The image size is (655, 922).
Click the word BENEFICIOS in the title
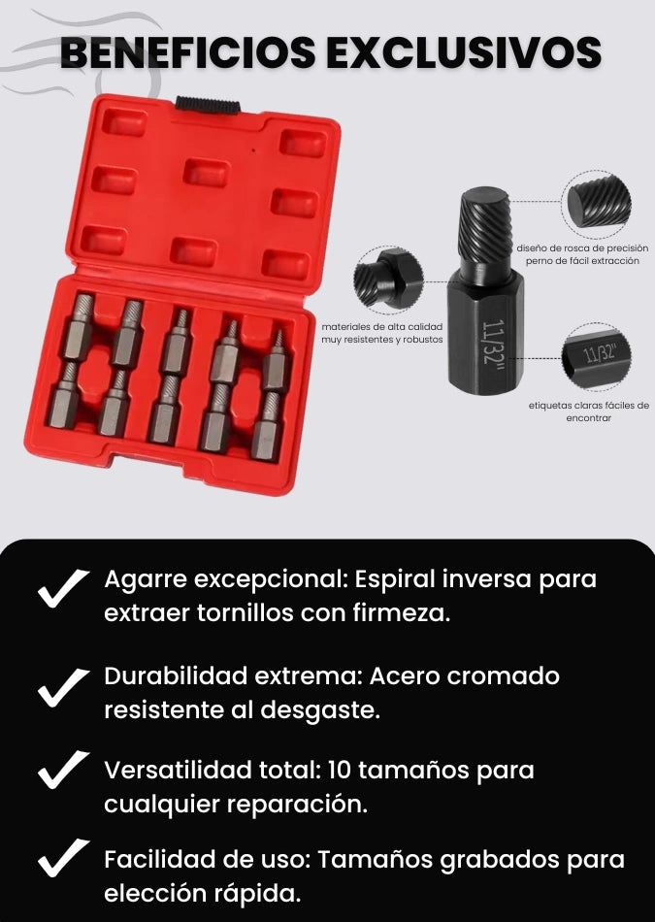tap(187, 52)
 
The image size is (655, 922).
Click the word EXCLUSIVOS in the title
tap(464, 52)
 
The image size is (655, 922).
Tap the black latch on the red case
tap(207, 105)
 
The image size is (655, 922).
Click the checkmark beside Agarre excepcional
tap(63, 588)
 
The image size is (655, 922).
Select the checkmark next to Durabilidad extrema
tap(63, 687)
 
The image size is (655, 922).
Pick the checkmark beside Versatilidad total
tap(63, 769)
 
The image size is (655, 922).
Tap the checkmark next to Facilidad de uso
tap(63, 858)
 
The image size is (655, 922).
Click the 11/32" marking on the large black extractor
tap(493, 342)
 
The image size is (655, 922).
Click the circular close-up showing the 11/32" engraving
tap(596, 356)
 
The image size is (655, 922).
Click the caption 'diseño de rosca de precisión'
tap(582, 248)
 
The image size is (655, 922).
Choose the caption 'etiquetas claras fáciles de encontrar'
tap(589, 412)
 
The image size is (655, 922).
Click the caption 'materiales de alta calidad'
tap(382, 326)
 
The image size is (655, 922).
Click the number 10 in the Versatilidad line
tap(340, 770)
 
